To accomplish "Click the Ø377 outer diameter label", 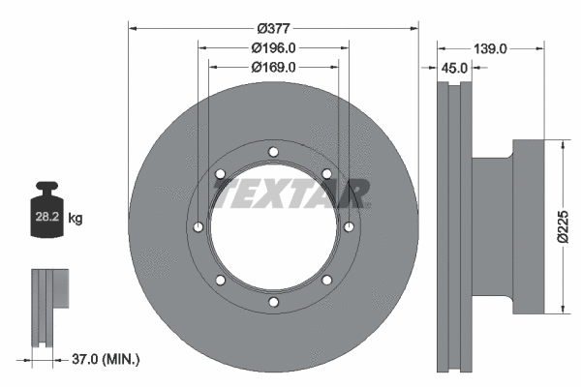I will (x=273, y=27).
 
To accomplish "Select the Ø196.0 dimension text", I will (x=273, y=47).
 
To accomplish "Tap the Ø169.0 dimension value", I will (x=273, y=67).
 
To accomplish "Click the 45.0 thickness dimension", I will (x=454, y=68).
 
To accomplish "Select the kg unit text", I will (x=76, y=220).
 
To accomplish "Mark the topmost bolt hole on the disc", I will (x=273, y=152).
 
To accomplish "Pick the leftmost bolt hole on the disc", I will (x=199, y=227).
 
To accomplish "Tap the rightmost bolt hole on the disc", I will (x=348, y=227).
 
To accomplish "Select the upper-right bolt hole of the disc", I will (x=326, y=174).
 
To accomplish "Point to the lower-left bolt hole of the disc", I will (x=221, y=281).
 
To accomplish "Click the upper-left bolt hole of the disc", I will (x=221, y=174).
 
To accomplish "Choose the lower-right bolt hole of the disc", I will (x=326, y=281).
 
